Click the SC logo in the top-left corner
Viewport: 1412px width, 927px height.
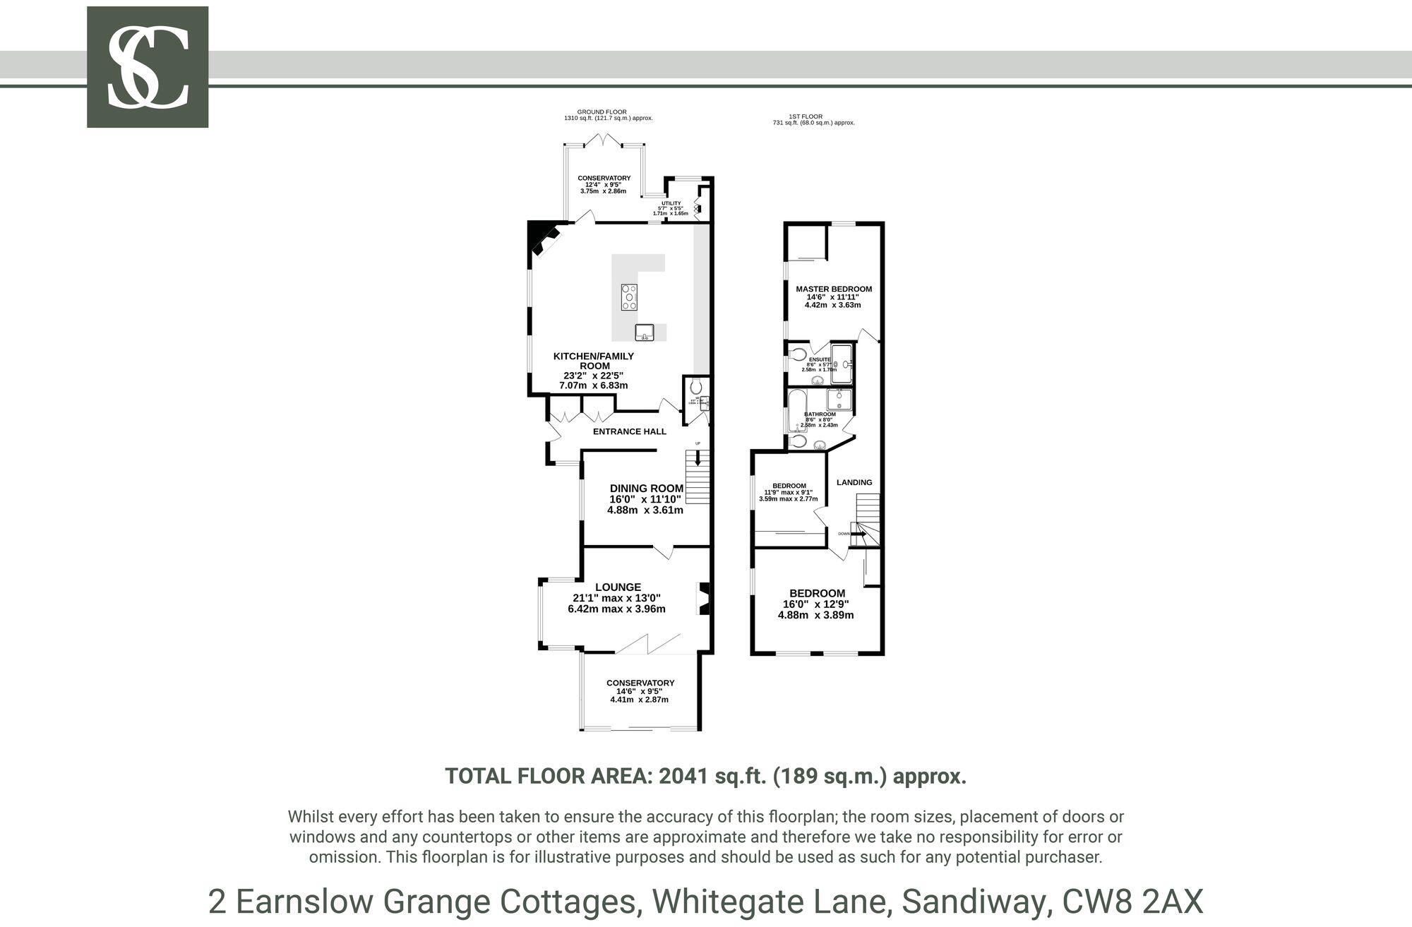(x=148, y=67)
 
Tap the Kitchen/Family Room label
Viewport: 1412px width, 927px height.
(x=594, y=361)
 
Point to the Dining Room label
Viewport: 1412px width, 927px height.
(x=646, y=488)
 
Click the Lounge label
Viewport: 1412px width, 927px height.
(x=618, y=587)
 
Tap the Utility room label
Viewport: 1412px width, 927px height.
(x=671, y=203)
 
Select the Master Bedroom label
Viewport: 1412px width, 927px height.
(x=834, y=289)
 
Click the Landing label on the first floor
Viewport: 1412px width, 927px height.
(x=854, y=482)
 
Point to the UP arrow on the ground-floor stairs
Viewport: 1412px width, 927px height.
(x=698, y=458)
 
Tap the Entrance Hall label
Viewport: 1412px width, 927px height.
(x=629, y=431)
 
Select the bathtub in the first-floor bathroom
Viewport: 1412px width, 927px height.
(x=796, y=409)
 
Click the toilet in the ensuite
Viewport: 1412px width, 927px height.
(x=798, y=354)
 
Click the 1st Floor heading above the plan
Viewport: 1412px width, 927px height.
(x=806, y=116)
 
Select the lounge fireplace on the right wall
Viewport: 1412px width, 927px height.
(x=704, y=598)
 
